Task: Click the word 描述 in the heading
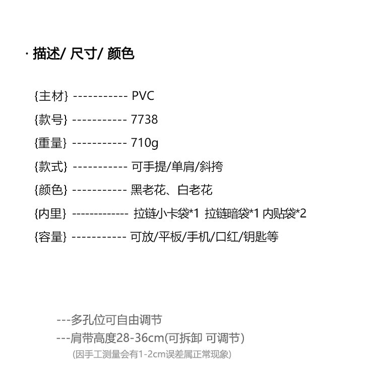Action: coord(46,53)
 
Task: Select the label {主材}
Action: coord(51,96)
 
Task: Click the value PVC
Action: coord(143,96)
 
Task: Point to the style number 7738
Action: coord(144,120)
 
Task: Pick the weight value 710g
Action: coord(145,143)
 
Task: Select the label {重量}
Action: coord(51,143)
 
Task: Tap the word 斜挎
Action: coord(211,166)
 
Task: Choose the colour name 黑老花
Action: coord(148,190)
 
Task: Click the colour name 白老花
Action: coord(195,190)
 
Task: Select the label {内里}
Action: coord(50,213)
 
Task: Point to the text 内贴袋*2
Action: coord(285,213)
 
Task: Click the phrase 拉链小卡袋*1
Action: coord(166,213)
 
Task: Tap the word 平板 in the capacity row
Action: coord(170,237)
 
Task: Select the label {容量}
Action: coord(50,237)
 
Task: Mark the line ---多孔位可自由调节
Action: coord(109,320)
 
